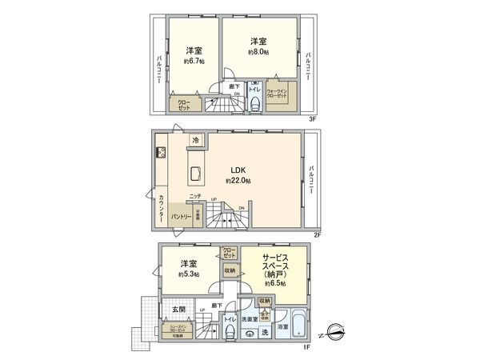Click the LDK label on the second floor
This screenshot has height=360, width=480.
click(x=238, y=170)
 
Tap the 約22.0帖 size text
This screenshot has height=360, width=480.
click(x=238, y=182)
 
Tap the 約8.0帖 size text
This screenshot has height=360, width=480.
click(x=257, y=51)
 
